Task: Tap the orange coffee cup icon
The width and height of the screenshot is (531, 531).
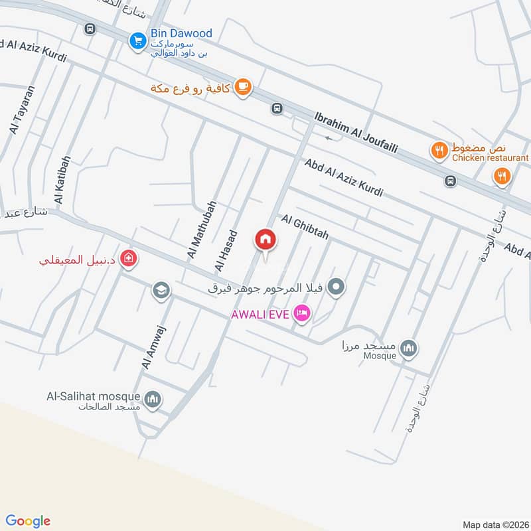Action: pos(243,86)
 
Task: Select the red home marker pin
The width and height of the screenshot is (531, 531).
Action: pos(265,240)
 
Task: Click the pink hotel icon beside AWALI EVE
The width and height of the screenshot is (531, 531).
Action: pos(302,313)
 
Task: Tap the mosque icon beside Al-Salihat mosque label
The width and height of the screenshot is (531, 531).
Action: pos(153,398)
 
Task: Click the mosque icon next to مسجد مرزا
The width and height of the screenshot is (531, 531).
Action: pos(410,348)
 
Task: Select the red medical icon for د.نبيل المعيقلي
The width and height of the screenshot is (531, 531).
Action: pos(129,260)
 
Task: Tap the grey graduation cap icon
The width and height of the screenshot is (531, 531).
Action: pos(160,289)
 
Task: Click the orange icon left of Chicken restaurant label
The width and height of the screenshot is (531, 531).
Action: pos(439,151)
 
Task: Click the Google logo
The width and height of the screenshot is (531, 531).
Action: pos(28,521)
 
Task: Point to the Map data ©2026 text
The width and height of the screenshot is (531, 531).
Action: pos(495,524)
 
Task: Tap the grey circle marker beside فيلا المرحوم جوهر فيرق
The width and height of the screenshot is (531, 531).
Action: pos(337,287)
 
